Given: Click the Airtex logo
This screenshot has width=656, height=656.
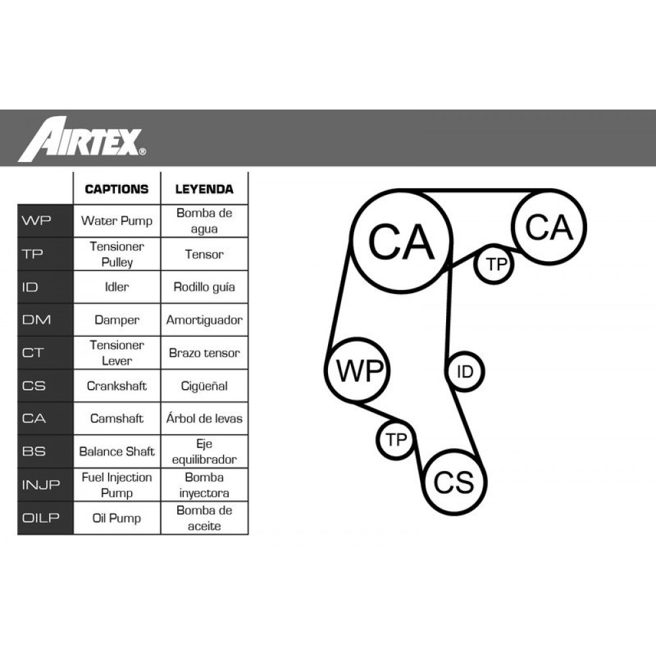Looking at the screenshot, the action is tap(82, 139).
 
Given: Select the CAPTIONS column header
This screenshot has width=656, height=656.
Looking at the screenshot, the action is tap(117, 189).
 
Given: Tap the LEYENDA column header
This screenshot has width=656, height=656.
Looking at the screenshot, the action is tap(204, 189).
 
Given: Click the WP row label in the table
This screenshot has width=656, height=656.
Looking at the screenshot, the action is tap(36, 220).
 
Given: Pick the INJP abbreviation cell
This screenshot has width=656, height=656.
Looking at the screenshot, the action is tap(41, 485).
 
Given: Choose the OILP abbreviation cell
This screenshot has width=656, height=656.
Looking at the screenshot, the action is tap(41, 518).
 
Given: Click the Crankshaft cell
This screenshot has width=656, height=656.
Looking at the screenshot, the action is tap(117, 386).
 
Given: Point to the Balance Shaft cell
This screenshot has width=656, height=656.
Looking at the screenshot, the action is tap(117, 451).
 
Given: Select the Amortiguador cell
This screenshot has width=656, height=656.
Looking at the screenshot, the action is tap(204, 320).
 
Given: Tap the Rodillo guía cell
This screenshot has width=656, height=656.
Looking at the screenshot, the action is tap(204, 287).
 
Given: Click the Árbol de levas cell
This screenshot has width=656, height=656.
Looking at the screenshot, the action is tap(204, 419).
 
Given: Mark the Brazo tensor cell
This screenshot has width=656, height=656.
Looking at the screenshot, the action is tap(204, 353).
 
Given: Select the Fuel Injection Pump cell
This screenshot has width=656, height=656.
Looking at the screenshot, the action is tap(117, 485).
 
